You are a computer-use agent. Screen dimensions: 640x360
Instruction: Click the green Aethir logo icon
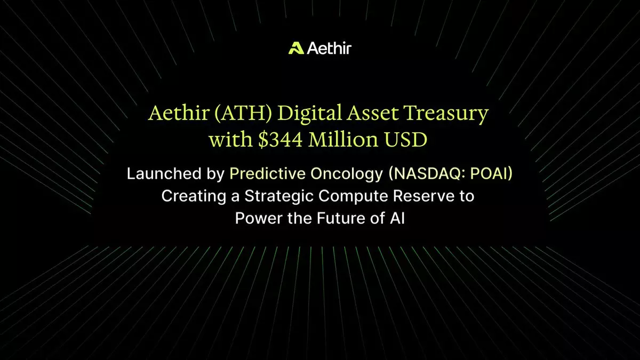296,48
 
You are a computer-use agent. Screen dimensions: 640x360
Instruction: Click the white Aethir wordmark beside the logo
329,48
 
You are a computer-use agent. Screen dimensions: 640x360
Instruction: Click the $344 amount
280,140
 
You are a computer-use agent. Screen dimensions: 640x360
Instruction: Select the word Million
343,139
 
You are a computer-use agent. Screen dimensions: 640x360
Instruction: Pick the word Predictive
267,173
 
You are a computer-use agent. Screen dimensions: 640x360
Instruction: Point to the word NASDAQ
427,174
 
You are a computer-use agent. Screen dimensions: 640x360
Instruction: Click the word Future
341,218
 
